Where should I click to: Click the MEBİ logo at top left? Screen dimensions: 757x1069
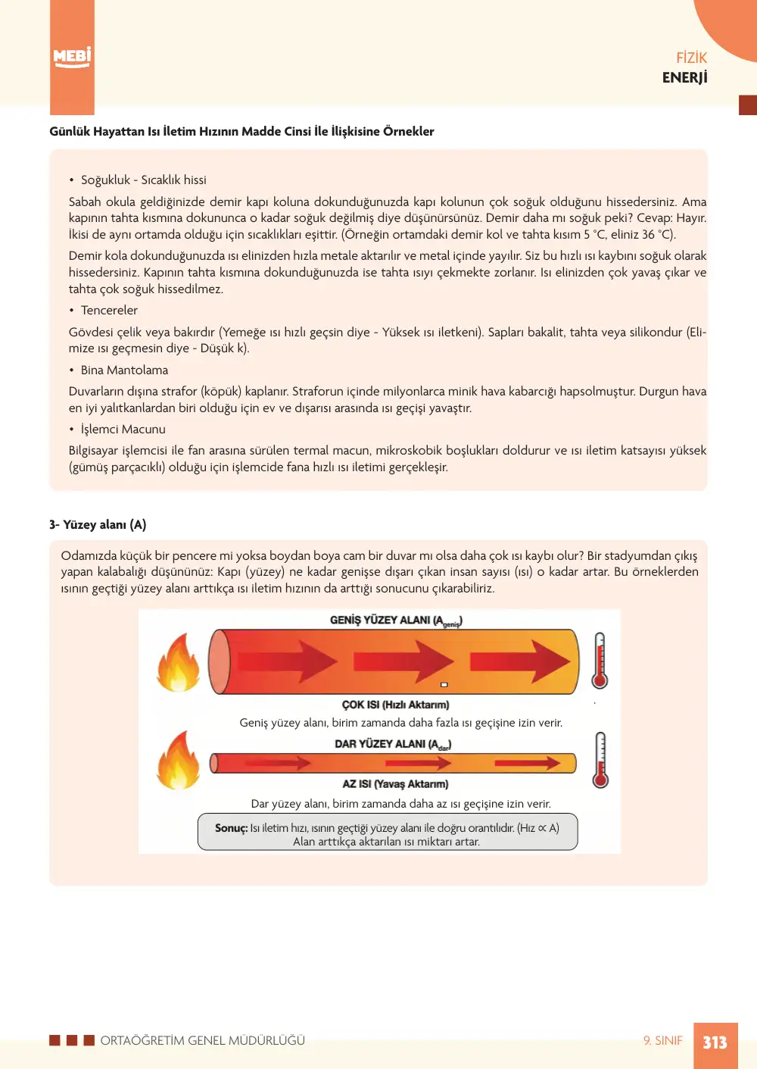tap(72, 58)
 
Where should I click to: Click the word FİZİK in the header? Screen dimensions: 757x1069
tap(691, 58)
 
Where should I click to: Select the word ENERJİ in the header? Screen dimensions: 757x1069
tap(684, 77)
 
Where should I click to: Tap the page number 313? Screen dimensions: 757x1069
tap(715, 1042)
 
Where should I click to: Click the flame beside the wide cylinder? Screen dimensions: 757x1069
tap(179, 662)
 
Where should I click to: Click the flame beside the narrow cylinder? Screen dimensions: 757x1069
tap(179, 760)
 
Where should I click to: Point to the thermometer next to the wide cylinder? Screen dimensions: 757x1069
tap(600, 661)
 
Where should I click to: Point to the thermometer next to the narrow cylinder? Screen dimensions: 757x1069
tap(600, 760)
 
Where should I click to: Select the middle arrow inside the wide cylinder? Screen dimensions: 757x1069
tap(403, 662)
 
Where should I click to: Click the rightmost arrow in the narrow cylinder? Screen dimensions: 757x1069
tap(528, 764)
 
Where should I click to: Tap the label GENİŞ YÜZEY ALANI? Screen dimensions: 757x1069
tap(396, 620)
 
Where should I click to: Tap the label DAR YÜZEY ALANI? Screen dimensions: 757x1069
tap(393, 744)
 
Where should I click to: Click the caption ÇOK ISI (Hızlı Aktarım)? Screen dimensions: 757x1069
tap(396, 705)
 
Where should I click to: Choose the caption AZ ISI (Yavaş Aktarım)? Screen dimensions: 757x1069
tap(395, 784)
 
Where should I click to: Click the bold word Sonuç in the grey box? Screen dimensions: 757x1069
tap(231, 828)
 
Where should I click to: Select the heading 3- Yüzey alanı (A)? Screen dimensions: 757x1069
tap(98, 525)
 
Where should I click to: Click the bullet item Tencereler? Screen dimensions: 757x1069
tap(109, 310)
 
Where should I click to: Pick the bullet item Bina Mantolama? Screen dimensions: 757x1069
tap(124, 370)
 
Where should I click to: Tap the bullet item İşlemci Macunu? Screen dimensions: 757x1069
tap(123, 430)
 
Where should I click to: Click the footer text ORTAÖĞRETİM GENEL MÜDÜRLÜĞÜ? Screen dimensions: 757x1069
tap(203, 1040)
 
